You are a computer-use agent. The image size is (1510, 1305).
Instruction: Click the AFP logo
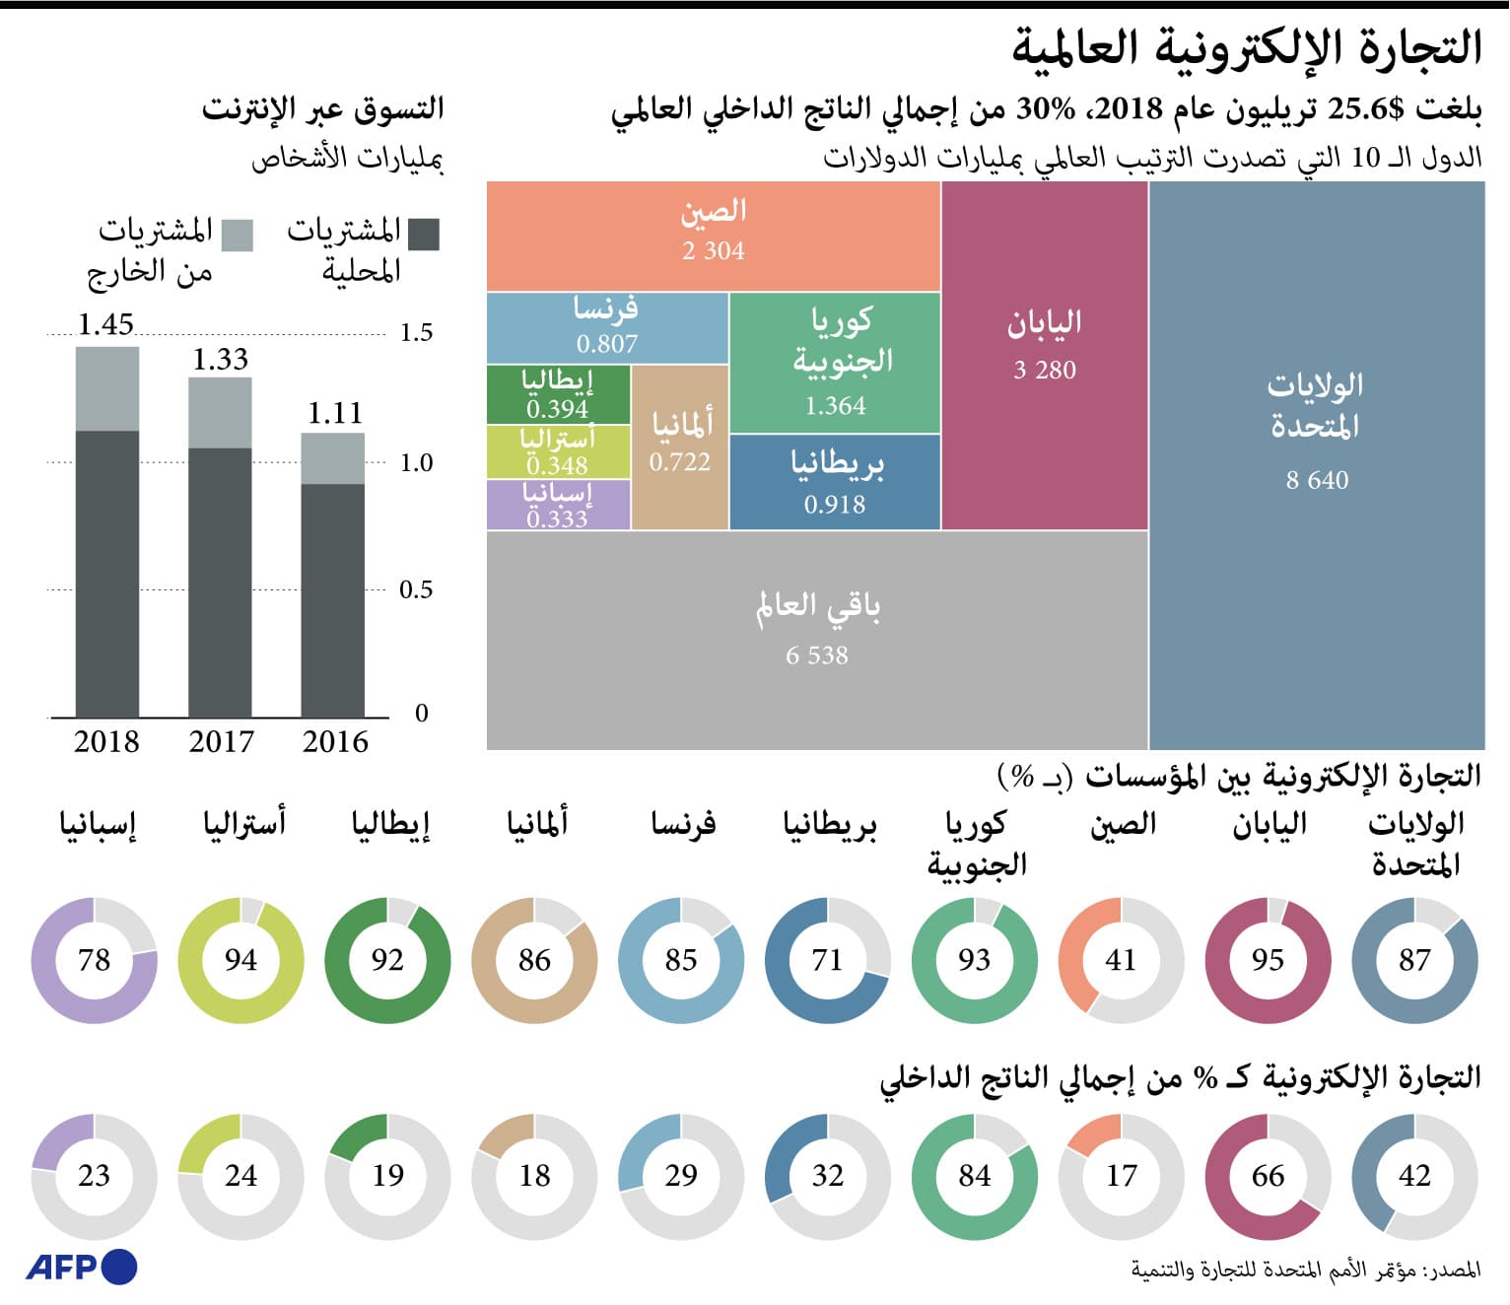(x=81, y=1267)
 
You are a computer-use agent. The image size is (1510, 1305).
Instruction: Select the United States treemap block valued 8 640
(x=1316, y=463)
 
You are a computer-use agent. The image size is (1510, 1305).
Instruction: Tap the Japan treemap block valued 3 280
(x=1045, y=355)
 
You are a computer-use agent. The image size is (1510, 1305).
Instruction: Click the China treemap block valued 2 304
(x=714, y=236)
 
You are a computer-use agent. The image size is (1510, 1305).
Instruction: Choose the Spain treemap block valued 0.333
(x=558, y=505)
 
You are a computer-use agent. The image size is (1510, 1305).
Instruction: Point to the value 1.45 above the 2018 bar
(x=105, y=324)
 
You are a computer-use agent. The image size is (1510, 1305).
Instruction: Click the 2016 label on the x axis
(x=335, y=741)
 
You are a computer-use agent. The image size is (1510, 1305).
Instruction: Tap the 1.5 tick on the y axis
(x=416, y=332)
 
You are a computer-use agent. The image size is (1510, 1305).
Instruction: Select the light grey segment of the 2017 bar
(x=220, y=412)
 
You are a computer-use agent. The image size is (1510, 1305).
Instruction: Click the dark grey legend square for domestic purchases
(x=424, y=235)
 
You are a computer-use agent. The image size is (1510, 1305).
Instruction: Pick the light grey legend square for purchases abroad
(x=237, y=236)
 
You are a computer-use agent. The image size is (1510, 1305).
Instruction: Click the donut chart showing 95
(x=1268, y=960)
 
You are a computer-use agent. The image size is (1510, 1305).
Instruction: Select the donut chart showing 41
(x=1121, y=960)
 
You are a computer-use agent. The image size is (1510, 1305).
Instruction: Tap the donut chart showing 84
(x=974, y=1176)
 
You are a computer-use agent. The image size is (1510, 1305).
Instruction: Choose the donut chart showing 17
(x=1121, y=1176)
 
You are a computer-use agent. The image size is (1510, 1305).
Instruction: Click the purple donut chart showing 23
(x=94, y=1176)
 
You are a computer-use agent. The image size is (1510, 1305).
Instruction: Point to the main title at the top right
(x=1247, y=47)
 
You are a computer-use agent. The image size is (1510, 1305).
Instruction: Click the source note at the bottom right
(x=1305, y=1270)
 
